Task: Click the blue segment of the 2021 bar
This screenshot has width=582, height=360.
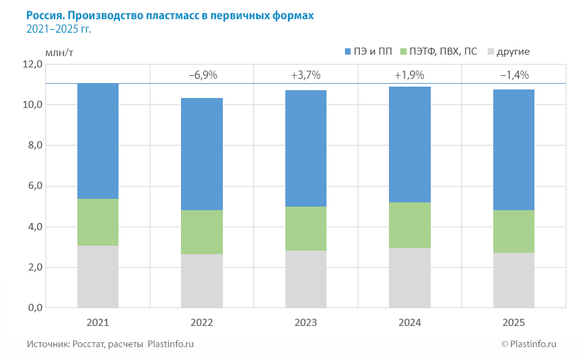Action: click(98, 141)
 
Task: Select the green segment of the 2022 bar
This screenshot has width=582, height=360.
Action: click(202, 232)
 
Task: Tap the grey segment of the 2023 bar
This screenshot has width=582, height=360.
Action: click(306, 279)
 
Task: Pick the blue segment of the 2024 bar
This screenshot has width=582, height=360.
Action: click(410, 144)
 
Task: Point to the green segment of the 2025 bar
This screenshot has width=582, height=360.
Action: click(513, 231)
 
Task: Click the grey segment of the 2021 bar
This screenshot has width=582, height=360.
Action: click(98, 277)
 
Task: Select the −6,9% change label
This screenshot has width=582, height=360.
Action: click(202, 75)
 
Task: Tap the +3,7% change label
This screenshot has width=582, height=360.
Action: click(306, 75)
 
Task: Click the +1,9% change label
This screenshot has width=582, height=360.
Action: click(410, 75)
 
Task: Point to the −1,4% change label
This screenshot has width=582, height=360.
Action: click(514, 75)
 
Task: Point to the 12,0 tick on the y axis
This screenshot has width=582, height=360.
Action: click(33, 64)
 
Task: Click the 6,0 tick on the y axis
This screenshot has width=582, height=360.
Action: click(33, 186)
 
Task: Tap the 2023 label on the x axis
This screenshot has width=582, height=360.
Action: click(306, 322)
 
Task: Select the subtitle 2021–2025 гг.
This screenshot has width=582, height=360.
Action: click(58, 29)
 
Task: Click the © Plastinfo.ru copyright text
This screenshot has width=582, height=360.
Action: click(529, 344)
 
